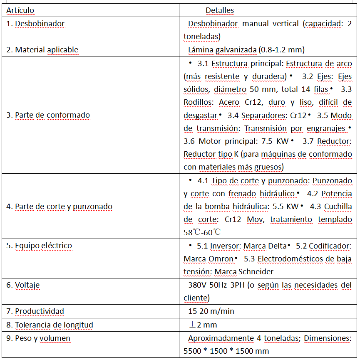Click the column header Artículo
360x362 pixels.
tap(20, 10)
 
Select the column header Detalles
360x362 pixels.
tap(220, 10)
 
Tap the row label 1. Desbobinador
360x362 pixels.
tap(35, 23)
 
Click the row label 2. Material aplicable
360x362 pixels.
tap(42, 50)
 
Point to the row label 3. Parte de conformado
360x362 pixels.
tap(48, 115)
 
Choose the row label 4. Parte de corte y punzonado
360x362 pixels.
tap(59, 206)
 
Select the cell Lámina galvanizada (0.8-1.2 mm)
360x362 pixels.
tap(246, 50)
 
